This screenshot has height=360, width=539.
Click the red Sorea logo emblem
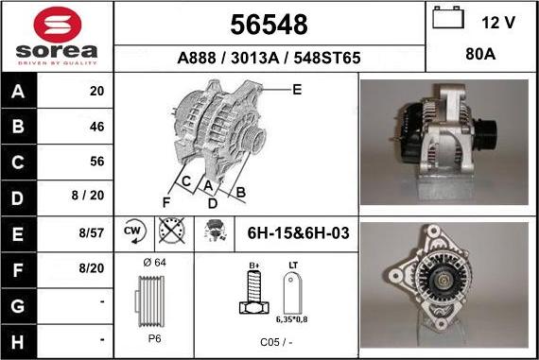click(x=58, y=25)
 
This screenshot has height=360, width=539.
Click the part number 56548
click(x=269, y=25)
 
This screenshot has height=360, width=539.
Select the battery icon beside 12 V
click(x=448, y=17)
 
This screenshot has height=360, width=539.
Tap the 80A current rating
click(x=480, y=54)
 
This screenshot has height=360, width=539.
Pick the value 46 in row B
click(x=96, y=127)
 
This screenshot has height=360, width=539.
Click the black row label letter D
click(x=18, y=198)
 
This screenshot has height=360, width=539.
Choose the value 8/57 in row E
click(x=91, y=232)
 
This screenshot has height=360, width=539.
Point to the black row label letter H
click(x=18, y=342)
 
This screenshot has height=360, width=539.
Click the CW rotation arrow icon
click(x=134, y=231)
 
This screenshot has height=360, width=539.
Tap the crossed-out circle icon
click(x=172, y=231)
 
